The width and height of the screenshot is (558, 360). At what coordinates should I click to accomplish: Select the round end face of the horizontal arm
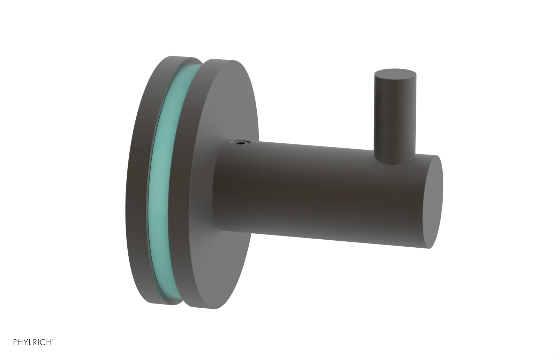pyautogui.click(x=434, y=201)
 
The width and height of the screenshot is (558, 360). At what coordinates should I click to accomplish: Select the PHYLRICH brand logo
pyautogui.click(x=33, y=342)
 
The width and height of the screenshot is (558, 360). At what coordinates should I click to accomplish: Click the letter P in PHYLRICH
pyautogui.click(x=15, y=342)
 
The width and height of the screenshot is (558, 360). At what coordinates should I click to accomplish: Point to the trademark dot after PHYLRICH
pyautogui.click(x=52, y=339)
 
